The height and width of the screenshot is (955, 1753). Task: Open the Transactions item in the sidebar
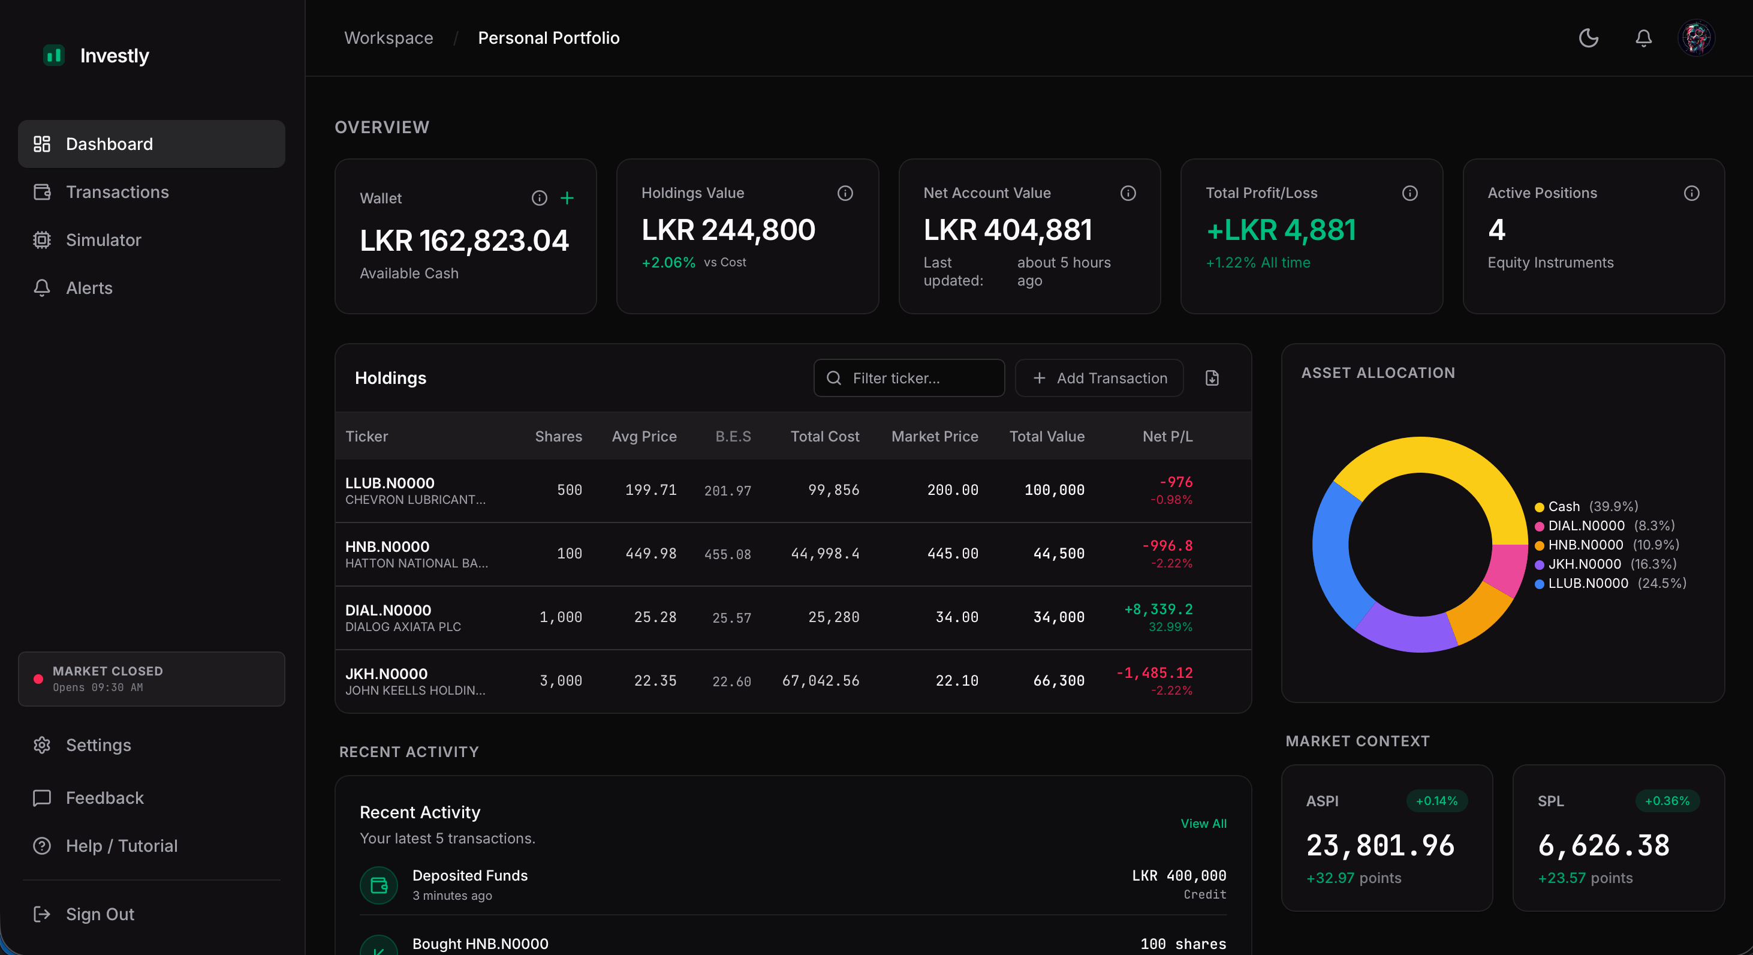pyautogui.click(x=117, y=192)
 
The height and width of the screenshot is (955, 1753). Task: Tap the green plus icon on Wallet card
pyautogui.click(x=567, y=198)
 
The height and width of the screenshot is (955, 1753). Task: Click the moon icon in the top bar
pyautogui.click(x=1588, y=38)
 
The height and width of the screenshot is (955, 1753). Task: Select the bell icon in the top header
pyautogui.click(x=1643, y=38)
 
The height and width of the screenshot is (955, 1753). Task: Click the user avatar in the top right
pyautogui.click(x=1696, y=38)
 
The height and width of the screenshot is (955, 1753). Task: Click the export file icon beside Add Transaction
pyautogui.click(x=1212, y=378)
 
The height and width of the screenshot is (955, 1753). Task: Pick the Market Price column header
pyautogui.click(x=934, y=436)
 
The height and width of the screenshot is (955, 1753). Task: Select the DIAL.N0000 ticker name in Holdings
pyautogui.click(x=388, y=610)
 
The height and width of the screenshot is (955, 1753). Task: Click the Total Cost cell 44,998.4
pyautogui.click(x=825, y=554)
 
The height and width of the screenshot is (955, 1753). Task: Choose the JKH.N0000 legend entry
pyautogui.click(x=1584, y=564)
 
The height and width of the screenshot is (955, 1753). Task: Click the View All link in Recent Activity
pyautogui.click(x=1203, y=823)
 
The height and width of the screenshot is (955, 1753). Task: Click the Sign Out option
pyautogui.click(x=100, y=914)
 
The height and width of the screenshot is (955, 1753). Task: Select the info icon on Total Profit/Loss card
pyautogui.click(x=1410, y=193)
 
